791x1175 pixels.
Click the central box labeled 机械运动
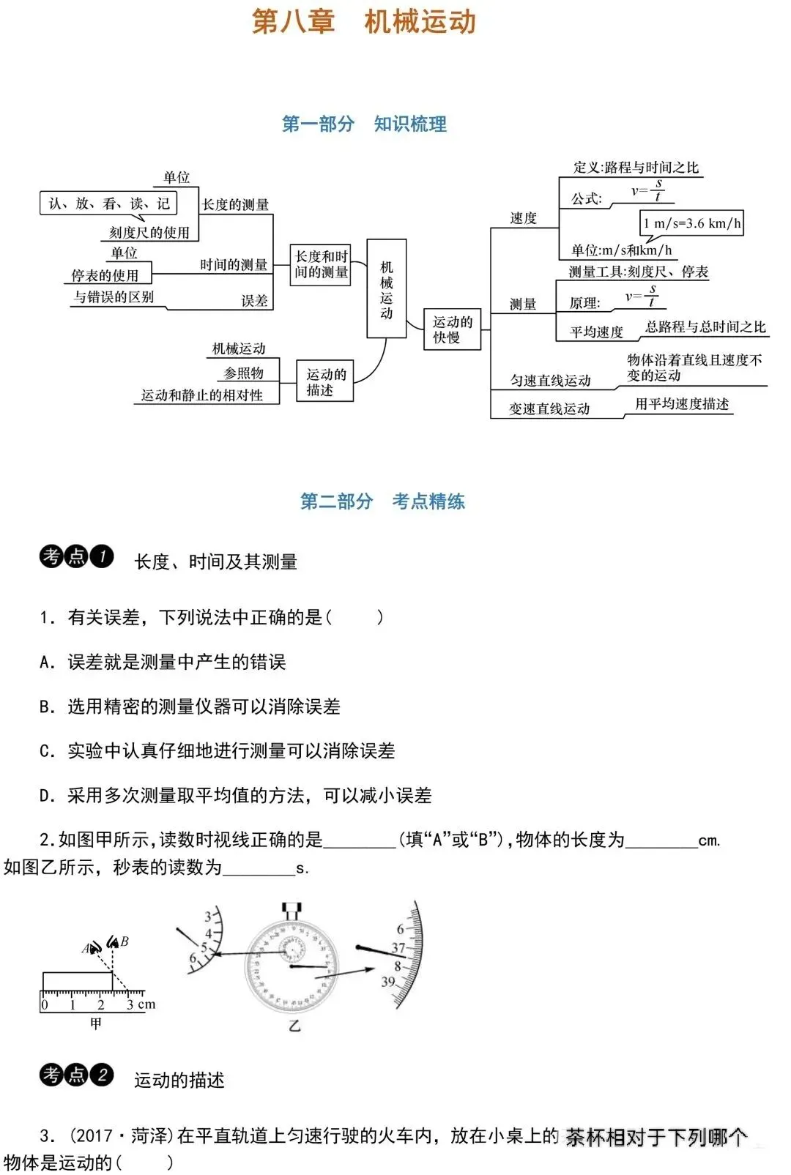(386, 288)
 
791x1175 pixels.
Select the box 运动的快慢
(452, 329)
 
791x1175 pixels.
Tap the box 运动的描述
(325, 381)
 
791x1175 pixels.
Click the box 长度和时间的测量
(320, 264)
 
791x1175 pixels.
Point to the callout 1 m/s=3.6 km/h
(691, 223)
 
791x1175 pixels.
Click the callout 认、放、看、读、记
(108, 204)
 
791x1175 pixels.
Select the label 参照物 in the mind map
(243, 373)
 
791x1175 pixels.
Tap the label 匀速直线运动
(550, 381)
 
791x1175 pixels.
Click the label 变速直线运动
(549, 409)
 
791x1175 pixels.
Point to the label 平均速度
(596, 332)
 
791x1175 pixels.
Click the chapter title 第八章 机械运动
(364, 22)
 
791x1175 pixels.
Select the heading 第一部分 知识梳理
(364, 124)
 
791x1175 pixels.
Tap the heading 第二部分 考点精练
(382, 501)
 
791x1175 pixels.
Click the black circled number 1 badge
(102, 557)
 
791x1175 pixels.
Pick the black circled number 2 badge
(102, 1075)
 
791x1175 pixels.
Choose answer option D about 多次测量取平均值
(235, 796)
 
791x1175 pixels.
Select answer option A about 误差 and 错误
(163, 663)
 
